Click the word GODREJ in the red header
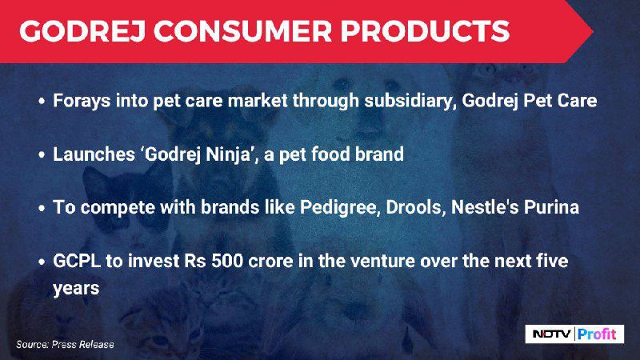(x=82, y=31)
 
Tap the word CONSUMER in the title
(x=242, y=31)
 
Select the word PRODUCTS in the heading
(x=426, y=31)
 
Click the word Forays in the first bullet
(x=82, y=102)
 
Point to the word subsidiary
(x=410, y=101)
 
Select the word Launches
(x=94, y=154)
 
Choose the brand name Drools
(x=414, y=207)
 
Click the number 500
(x=227, y=262)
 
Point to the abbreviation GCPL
(x=77, y=262)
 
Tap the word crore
(x=270, y=262)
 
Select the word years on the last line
(x=76, y=289)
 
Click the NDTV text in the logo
(x=551, y=334)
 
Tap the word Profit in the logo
(x=597, y=334)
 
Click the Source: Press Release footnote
(x=66, y=345)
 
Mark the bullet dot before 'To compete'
(x=42, y=208)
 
